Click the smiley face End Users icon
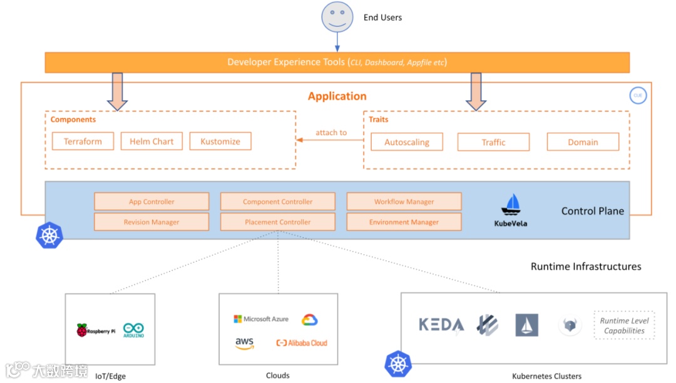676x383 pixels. [x=337, y=17]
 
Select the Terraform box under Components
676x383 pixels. [x=83, y=141]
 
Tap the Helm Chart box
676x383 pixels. [x=151, y=141]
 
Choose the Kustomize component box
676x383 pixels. [x=220, y=141]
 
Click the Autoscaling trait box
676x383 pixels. [x=407, y=142]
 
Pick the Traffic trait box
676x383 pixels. [x=493, y=142]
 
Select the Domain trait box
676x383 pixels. [x=583, y=142]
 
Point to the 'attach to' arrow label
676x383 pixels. [x=330, y=133]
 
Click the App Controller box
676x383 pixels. [x=151, y=202]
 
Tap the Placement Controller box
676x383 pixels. [x=278, y=222]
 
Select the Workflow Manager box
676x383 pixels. [x=404, y=202]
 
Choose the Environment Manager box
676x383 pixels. [x=404, y=222]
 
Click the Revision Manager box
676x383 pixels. [x=151, y=222]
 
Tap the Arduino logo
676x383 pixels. [x=134, y=331]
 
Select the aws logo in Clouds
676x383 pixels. [x=244, y=344]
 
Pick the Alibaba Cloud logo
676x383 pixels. [x=302, y=343]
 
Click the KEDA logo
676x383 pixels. [x=441, y=325]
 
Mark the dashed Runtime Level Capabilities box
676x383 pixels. [x=624, y=325]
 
